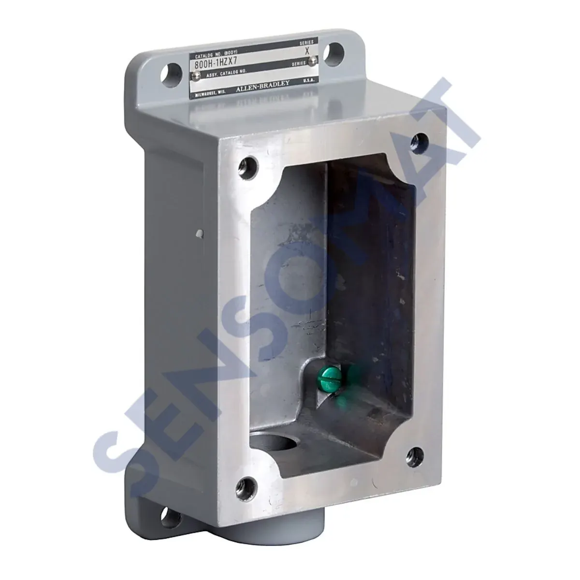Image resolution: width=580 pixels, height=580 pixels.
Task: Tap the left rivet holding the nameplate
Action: pyautogui.click(x=196, y=76)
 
